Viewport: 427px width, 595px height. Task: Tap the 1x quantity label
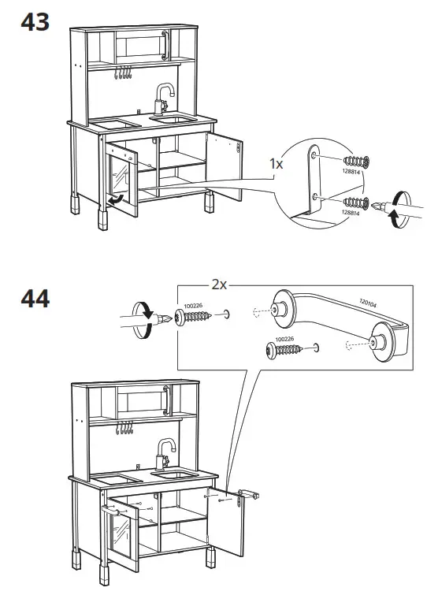(276, 165)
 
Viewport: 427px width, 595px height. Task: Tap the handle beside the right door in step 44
(251, 494)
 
